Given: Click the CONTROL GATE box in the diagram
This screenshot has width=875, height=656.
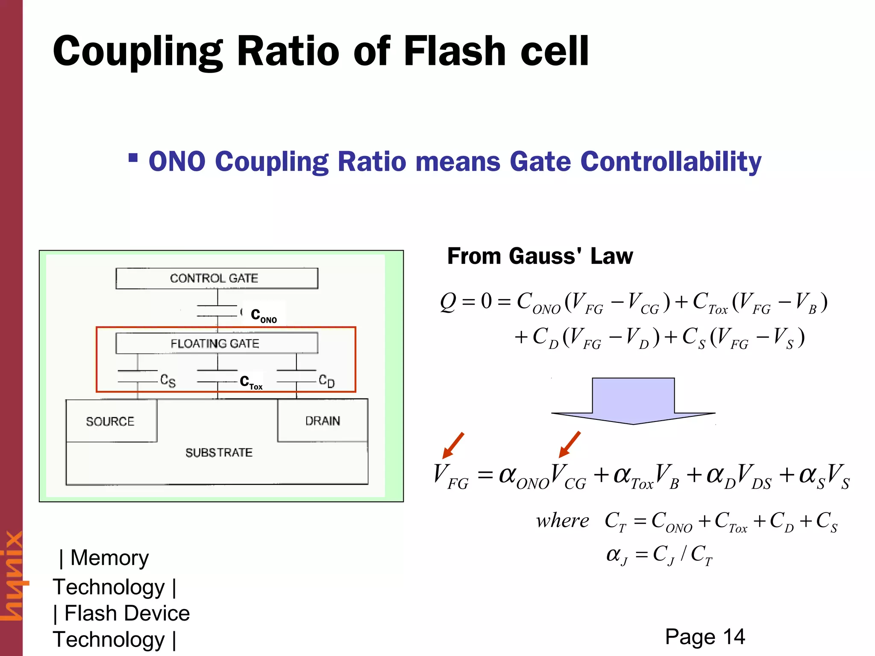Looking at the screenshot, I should (217, 278).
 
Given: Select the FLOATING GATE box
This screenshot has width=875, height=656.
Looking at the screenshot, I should (217, 343).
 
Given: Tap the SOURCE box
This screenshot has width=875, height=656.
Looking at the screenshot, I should (111, 421).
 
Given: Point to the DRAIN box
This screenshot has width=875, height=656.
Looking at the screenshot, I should (323, 421).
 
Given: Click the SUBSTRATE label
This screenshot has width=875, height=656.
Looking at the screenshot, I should (219, 452).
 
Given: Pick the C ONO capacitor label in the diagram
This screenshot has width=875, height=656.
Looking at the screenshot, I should (264, 315).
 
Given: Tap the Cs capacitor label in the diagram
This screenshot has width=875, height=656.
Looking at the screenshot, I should (168, 380).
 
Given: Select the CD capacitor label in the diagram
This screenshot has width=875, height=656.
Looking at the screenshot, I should (327, 381).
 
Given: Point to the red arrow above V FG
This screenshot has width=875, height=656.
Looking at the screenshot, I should (453, 445).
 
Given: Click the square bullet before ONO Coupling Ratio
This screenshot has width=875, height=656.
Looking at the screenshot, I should (133, 158).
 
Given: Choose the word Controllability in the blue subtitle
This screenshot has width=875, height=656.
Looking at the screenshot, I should (670, 161).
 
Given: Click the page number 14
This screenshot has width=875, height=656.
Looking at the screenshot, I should (734, 637).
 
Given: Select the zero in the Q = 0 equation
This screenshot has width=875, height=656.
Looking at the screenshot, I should (486, 301).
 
